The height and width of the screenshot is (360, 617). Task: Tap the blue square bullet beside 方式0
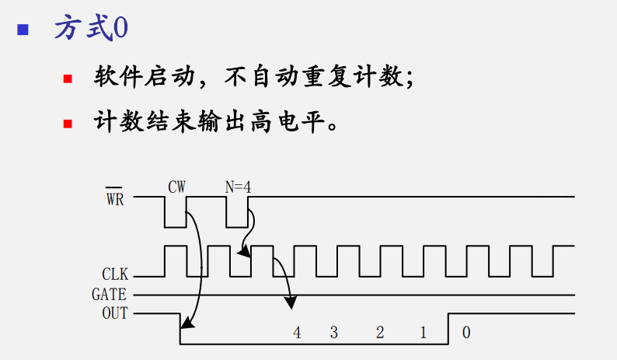(23, 30)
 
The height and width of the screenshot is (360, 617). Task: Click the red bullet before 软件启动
(68, 79)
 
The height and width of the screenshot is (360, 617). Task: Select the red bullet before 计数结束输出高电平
(68, 123)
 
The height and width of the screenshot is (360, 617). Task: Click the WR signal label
(114, 197)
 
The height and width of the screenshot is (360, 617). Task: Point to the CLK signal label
(114, 274)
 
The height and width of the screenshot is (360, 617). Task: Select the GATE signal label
(110, 295)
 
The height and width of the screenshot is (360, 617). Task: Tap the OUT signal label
(114, 314)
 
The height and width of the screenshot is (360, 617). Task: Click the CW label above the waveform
(176, 187)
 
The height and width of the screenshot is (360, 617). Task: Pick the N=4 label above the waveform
(237, 187)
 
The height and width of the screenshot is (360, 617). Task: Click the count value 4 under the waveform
(296, 333)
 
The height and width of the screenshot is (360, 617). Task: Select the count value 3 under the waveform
(334, 333)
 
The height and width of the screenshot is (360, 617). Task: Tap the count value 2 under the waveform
(379, 333)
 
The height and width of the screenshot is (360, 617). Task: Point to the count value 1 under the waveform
(423, 333)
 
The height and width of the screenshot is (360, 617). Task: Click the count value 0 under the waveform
(465, 333)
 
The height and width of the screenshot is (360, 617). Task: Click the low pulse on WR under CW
(176, 218)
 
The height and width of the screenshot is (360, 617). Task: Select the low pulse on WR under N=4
(237, 218)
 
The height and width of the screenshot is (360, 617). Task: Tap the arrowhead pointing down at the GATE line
(291, 302)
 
